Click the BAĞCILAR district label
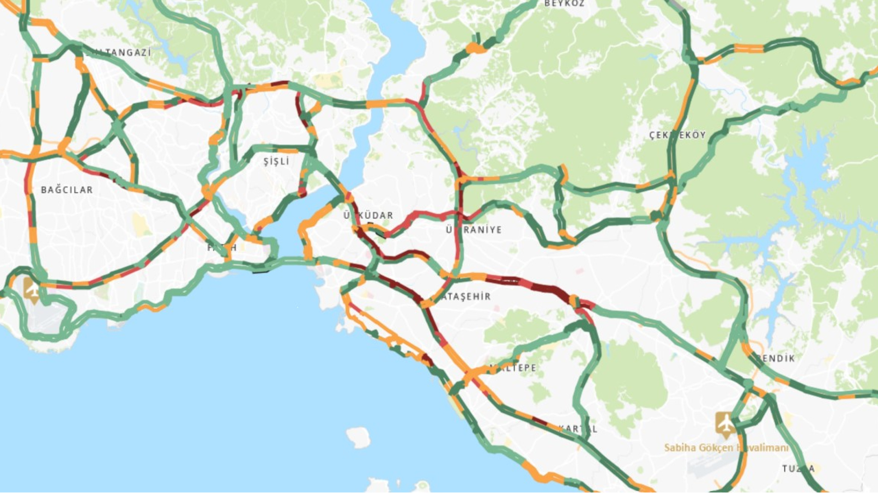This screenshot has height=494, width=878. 67,190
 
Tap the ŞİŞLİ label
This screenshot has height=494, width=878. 276,161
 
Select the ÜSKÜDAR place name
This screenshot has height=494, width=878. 368,215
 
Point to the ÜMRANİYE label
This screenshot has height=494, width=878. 474,230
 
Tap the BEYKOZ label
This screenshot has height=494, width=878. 564,4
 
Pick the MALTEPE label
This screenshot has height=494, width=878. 513,368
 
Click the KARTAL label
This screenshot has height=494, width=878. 578,429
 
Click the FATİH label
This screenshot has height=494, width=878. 222,247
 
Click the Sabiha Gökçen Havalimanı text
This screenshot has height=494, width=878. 726,447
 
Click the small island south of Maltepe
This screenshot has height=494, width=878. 359,437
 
